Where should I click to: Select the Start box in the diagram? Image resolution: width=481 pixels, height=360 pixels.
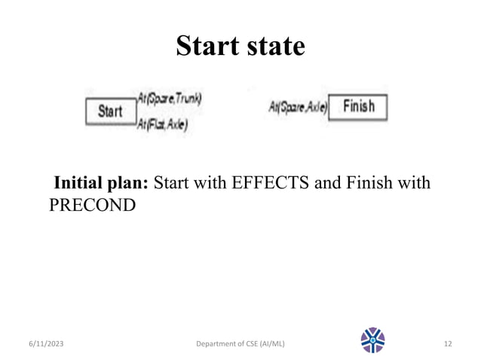tap(111, 111)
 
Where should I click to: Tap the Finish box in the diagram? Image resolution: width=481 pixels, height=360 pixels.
tap(359, 107)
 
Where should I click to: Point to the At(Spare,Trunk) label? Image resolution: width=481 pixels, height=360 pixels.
tap(169, 98)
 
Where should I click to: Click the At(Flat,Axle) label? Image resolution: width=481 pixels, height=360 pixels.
tap(162, 125)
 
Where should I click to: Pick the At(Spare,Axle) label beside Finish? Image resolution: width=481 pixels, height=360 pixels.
tap(298, 108)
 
